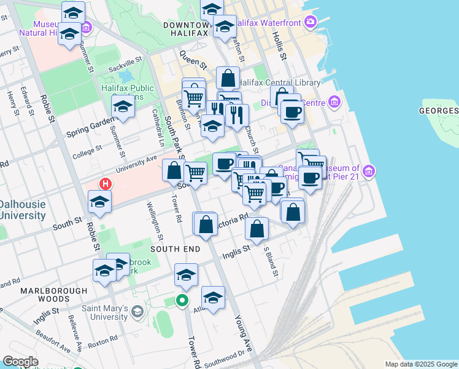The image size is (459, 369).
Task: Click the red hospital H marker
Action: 106,184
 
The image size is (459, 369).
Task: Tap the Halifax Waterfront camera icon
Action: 310,23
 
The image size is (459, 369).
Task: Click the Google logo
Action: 20,362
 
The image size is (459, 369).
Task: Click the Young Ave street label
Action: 244,334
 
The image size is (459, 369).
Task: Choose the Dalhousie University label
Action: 23,210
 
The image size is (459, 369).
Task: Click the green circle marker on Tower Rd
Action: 182,301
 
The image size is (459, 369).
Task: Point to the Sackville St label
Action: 125,62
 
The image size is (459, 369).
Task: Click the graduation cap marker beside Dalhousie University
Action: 99,202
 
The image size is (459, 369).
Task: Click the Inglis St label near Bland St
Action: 236,252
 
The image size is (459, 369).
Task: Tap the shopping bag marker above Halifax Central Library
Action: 228,79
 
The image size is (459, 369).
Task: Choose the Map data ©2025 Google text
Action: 420,364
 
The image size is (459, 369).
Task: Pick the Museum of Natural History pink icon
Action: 87,27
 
